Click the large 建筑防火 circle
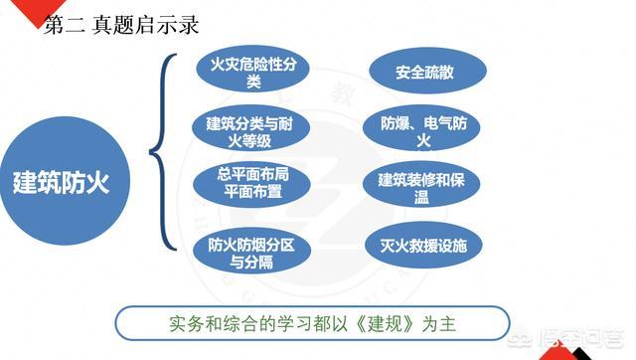pyautogui.click(x=63, y=183)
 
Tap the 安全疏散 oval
pyautogui.click(x=427, y=72)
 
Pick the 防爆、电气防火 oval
pyautogui.click(x=427, y=130)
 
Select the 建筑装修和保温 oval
pyautogui.click(x=427, y=188)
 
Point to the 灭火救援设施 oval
pyautogui.click(x=427, y=245)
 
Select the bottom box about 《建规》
pyautogui.click(x=312, y=325)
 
